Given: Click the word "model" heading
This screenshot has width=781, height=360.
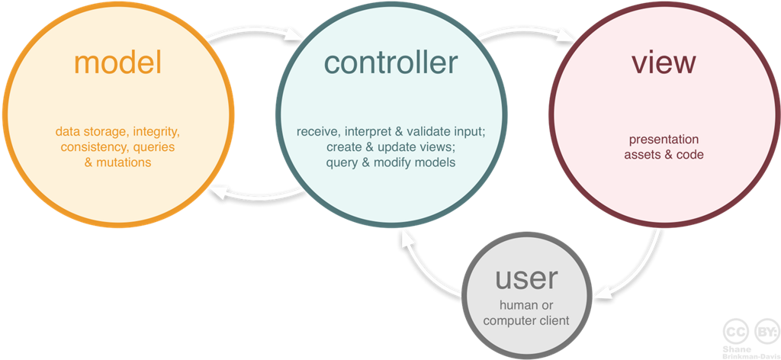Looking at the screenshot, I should (118, 63).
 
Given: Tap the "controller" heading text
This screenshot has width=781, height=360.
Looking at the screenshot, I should (390, 62).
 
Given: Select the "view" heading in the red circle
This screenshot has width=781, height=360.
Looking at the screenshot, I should (663, 63).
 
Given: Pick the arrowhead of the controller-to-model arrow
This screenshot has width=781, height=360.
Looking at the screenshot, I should (216, 191).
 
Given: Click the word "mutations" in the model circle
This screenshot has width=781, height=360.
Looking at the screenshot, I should (124, 162).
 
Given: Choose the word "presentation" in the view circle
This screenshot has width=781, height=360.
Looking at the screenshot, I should (663, 140).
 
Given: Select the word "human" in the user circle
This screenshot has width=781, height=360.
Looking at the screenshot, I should (509, 306).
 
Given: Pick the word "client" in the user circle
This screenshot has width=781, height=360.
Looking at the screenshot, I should (554, 320).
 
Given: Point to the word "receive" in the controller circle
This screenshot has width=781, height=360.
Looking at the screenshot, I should (317, 131).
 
